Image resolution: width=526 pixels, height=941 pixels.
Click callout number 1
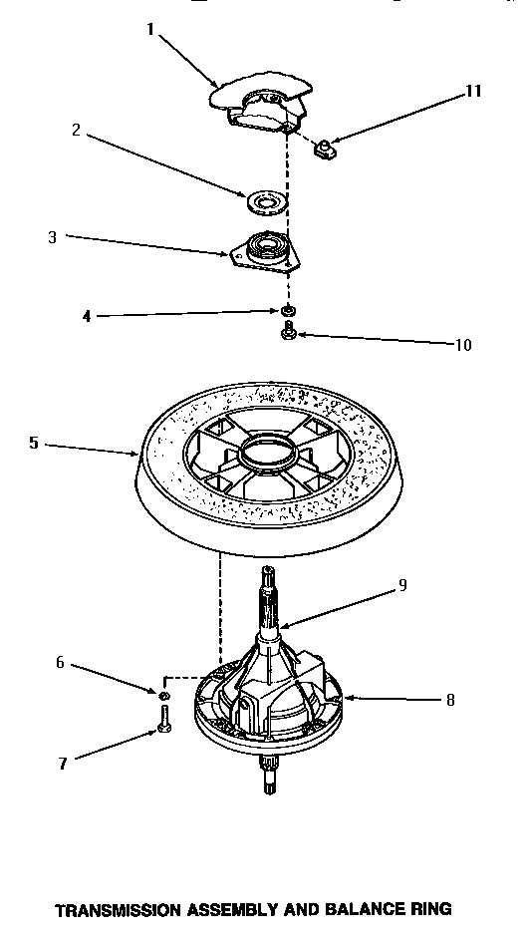tap(151, 29)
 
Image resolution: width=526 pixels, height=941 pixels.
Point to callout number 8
tap(449, 700)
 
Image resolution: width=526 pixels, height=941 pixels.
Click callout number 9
tap(402, 585)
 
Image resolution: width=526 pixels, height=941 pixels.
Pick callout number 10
tap(462, 346)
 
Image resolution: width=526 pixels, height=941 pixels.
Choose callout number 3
tap(53, 237)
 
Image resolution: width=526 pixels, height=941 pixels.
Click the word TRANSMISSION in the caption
tap(132, 909)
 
